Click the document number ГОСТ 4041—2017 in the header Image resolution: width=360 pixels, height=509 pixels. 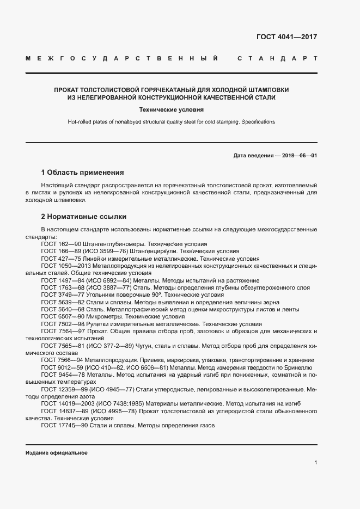pyautogui.click(x=286, y=38)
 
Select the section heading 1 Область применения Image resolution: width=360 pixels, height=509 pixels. pyautogui.click(x=83, y=172)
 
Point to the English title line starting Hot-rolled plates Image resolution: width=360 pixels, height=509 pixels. pyautogui.click(x=171, y=122)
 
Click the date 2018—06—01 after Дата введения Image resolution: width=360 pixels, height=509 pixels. pyautogui.click(x=298, y=155)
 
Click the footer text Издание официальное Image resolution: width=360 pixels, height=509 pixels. pyautogui.click(x=56, y=453)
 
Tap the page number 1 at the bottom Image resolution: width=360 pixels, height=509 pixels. pyautogui.click(x=315, y=462)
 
